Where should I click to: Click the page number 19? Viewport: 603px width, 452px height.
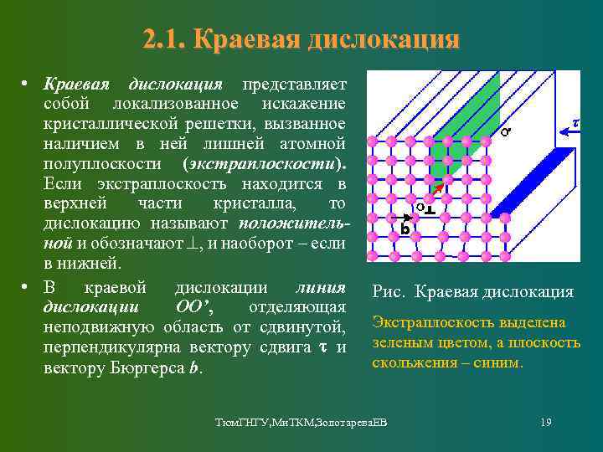(x=546, y=422)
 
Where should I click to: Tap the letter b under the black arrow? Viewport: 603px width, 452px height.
(x=405, y=229)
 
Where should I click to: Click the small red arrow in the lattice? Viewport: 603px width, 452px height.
(x=437, y=198)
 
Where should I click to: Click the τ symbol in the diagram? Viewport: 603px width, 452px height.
(x=575, y=122)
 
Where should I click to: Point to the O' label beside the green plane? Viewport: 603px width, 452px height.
(x=505, y=131)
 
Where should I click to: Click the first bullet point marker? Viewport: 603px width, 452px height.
(x=26, y=85)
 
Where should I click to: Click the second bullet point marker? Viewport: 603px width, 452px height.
(x=26, y=287)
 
